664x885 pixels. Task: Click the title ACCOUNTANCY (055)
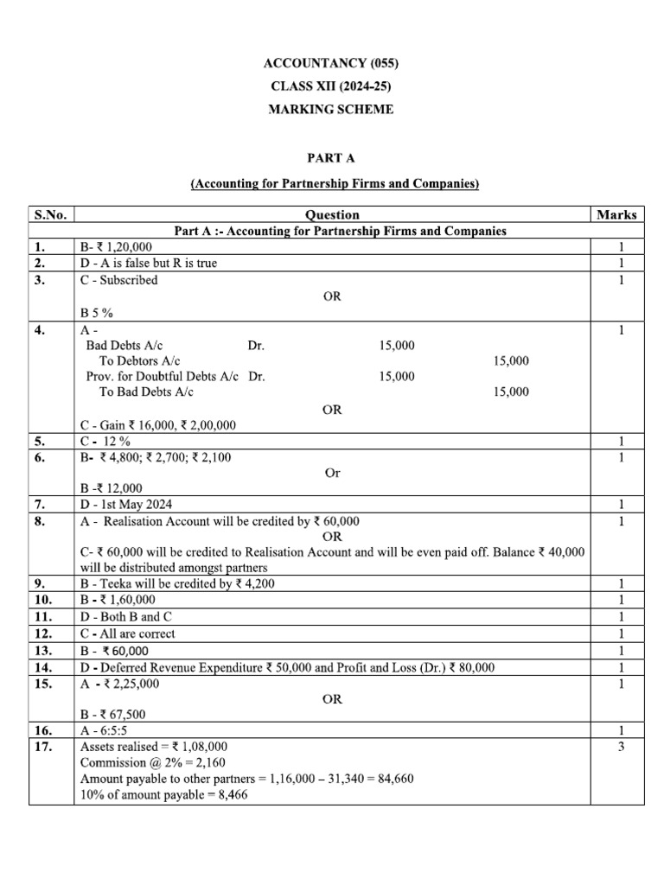click(x=332, y=63)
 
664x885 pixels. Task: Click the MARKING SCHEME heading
click(x=332, y=110)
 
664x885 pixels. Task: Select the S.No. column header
click(x=52, y=214)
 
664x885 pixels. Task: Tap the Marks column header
click(x=616, y=214)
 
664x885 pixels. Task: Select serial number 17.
click(x=41, y=746)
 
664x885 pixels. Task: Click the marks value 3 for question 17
click(x=621, y=746)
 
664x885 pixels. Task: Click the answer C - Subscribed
click(x=119, y=280)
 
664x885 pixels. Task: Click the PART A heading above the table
click(x=332, y=158)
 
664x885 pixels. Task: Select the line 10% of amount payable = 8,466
click(x=163, y=795)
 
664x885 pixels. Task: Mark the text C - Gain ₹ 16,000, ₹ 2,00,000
click(x=158, y=425)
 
